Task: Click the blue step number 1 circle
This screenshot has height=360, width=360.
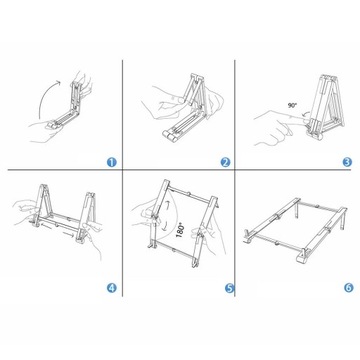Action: click(112, 162)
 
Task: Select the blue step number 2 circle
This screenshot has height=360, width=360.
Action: click(226, 162)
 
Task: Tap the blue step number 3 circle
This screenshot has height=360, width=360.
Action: click(347, 162)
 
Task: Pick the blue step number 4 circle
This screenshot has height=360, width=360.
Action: click(112, 288)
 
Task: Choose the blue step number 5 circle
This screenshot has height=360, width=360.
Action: click(230, 288)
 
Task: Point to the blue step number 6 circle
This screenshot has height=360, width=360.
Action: click(348, 288)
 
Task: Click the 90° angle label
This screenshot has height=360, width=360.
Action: click(292, 105)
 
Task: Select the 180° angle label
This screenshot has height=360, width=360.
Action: click(180, 230)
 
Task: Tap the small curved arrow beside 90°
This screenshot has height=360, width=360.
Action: click(303, 115)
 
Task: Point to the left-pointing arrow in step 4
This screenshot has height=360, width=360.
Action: click(47, 227)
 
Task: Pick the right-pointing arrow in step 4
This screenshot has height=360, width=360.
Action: click(69, 235)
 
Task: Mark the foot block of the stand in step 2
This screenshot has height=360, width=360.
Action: click(171, 134)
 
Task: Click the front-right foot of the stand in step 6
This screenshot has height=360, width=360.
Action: click(303, 257)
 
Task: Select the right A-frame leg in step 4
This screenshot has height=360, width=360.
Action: click(85, 217)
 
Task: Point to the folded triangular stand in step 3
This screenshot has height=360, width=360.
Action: click(325, 107)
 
